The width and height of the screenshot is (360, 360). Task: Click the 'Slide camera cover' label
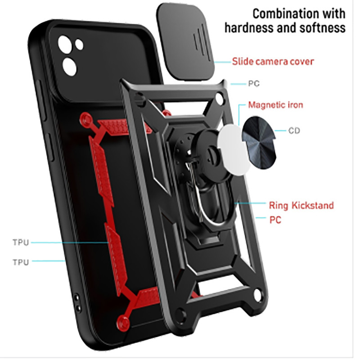click(273, 62)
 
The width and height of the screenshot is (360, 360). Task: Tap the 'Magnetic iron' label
click(275, 105)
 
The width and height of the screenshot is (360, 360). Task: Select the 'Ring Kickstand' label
click(301, 205)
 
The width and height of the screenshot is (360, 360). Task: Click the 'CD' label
click(294, 130)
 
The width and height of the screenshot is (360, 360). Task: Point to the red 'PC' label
click(275, 220)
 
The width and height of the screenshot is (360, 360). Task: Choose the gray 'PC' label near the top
click(254, 84)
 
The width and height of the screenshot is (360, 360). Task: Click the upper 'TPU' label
click(21, 243)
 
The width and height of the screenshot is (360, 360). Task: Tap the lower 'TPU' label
click(21, 262)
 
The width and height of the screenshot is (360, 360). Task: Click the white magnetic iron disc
click(232, 150)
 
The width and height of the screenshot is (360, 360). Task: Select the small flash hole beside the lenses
click(79, 44)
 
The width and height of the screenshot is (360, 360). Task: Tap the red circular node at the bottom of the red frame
click(123, 322)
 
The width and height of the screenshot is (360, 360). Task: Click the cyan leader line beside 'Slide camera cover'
click(223, 62)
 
